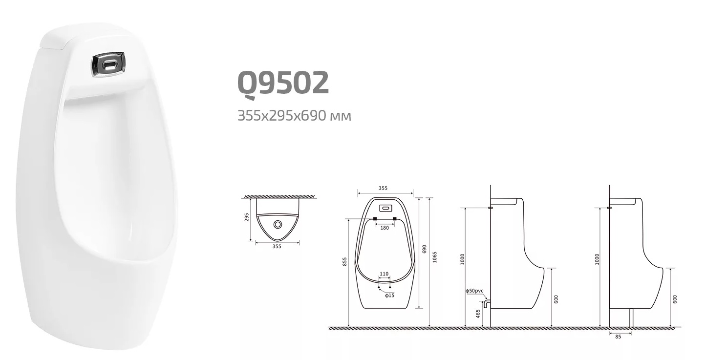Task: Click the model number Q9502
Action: [283, 83]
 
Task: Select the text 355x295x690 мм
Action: [294, 116]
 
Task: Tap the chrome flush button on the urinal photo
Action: [109, 65]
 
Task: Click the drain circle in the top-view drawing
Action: [278, 224]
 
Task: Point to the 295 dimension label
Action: [247, 216]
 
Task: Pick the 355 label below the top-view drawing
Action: [277, 247]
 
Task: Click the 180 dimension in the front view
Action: [385, 228]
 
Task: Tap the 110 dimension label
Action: [384, 274]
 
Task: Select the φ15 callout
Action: [389, 295]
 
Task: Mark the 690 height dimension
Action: [424, 249]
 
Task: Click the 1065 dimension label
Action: [435, 257]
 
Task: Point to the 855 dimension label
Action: [345, 262]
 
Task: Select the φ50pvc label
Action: [474, 291]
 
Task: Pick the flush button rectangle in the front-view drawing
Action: [386, 208]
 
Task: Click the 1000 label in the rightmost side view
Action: [597, 259]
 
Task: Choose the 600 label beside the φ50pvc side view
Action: [556, 299]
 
